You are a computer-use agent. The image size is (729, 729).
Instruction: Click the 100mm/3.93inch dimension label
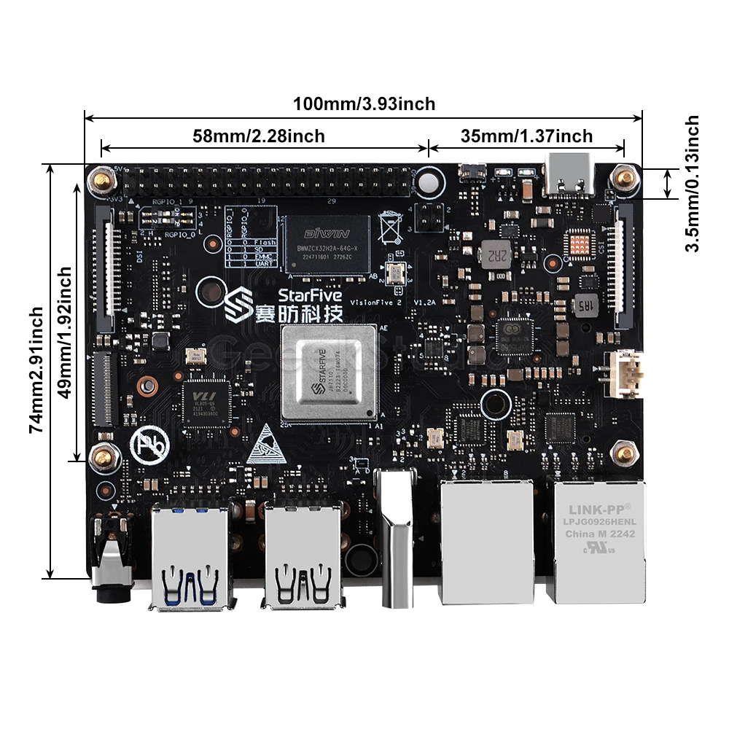pos(364,104)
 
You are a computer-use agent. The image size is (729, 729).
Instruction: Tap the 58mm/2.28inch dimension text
pos(259,136)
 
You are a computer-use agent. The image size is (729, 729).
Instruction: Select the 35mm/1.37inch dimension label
pos(526,136)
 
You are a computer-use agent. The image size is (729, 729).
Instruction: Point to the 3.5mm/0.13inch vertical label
pos(693,184)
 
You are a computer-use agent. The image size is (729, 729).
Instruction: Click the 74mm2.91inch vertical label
pos(36,370)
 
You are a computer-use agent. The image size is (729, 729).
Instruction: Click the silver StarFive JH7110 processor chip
pos(329,373)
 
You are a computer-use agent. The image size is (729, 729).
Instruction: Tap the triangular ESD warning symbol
pos(265,445)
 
